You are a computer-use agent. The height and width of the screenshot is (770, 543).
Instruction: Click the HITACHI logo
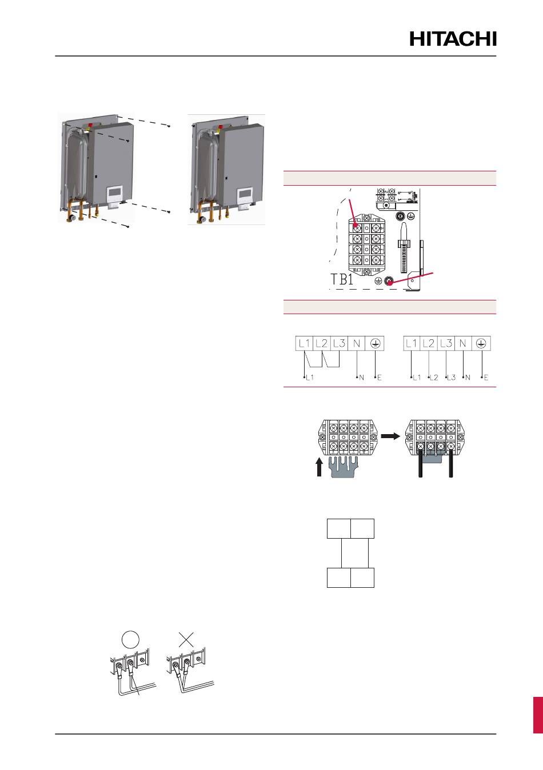(x=453, y=39)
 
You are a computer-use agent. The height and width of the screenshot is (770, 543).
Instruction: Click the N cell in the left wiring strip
(x=357, y=343)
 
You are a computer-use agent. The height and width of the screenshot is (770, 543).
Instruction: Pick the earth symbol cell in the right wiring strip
(x=481, y=343)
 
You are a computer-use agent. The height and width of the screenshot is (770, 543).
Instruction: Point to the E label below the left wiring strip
(x=379, y=378)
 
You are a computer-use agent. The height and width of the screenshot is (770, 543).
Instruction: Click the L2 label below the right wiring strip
(x=434, y=378)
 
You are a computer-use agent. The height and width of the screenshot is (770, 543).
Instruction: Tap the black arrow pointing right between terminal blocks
(x=389, y=435)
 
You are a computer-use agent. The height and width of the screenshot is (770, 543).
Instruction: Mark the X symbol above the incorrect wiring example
(x=186, y=639)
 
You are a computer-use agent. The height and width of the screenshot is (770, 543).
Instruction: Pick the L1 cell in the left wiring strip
(x=304, y=343)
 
